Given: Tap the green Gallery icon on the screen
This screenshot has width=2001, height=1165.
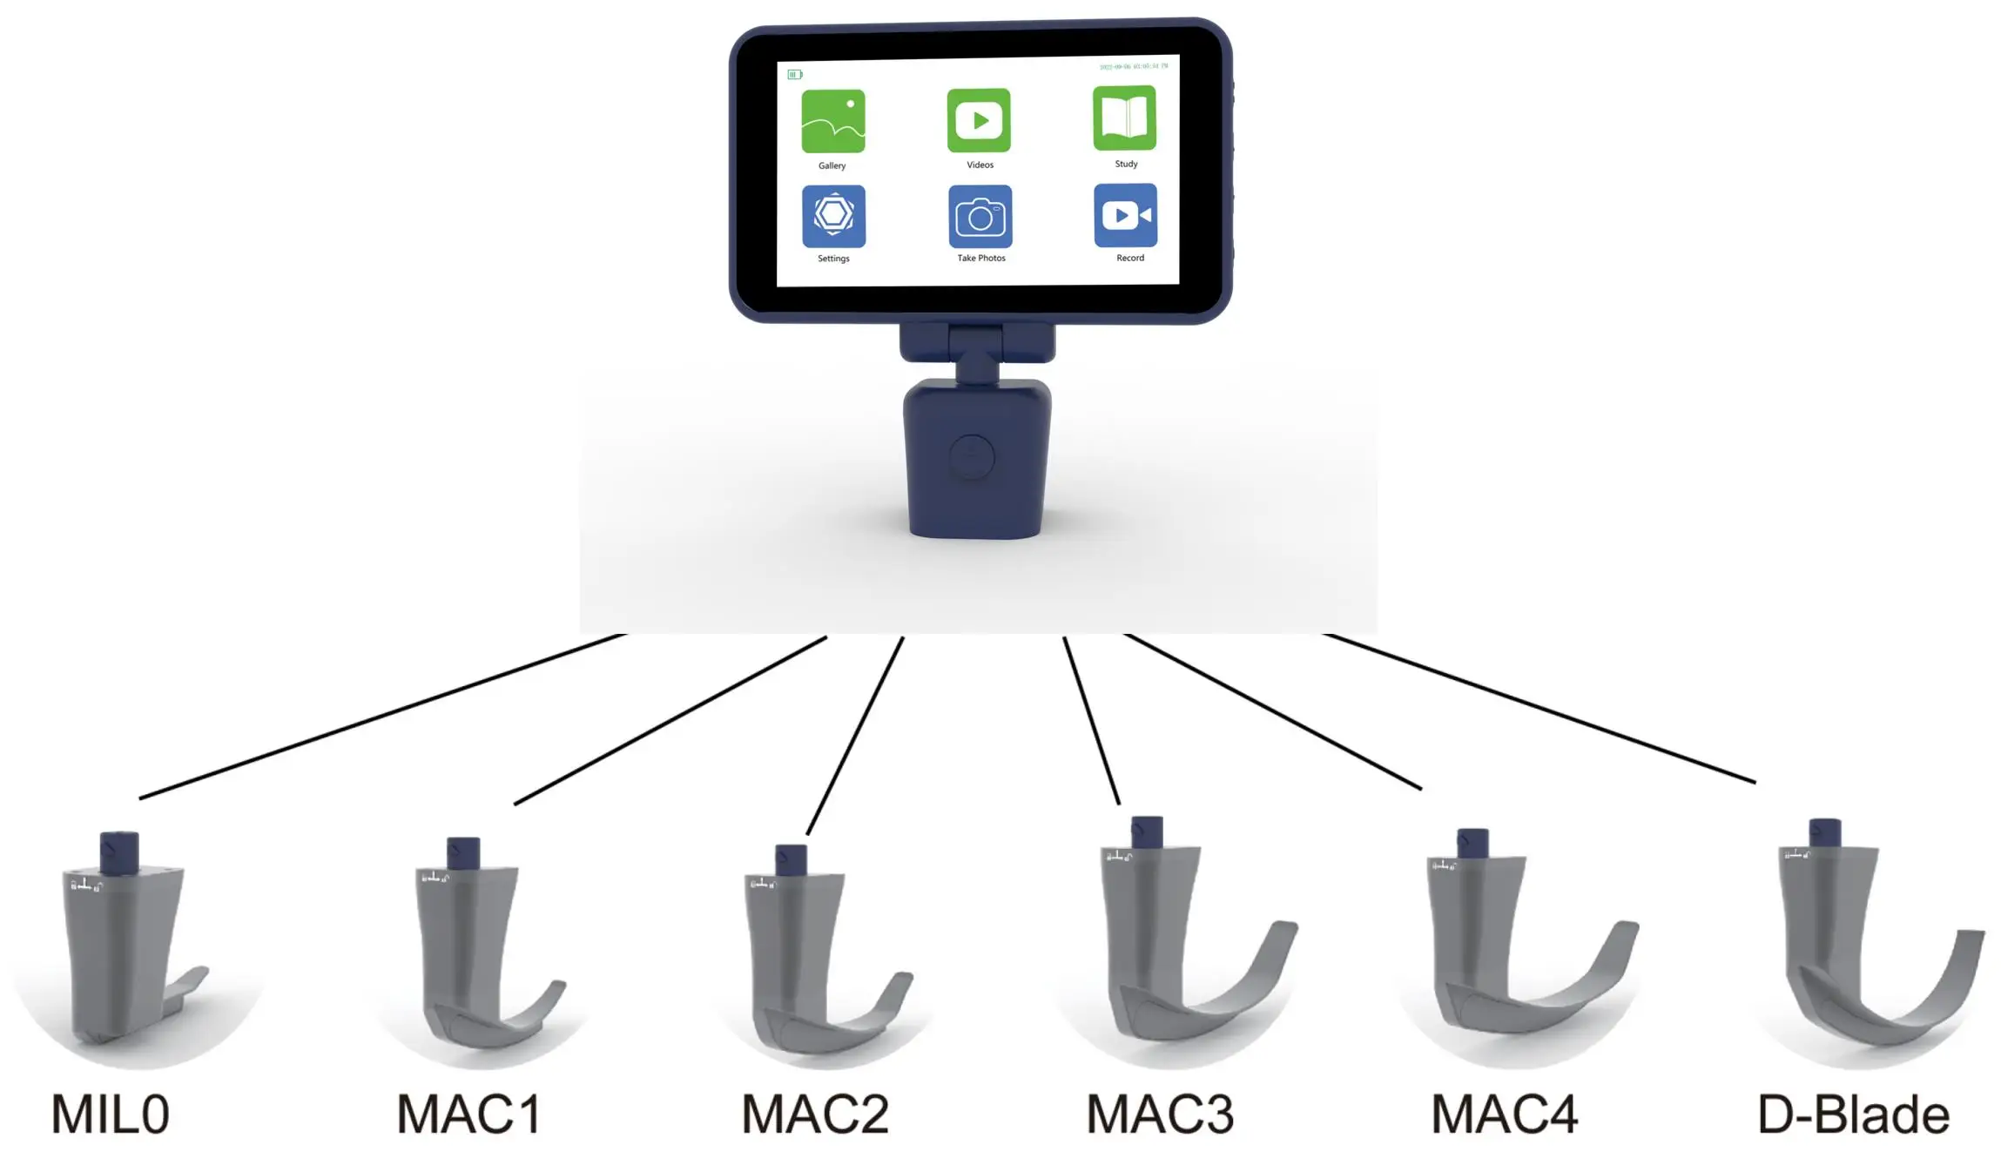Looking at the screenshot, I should coord(832,121).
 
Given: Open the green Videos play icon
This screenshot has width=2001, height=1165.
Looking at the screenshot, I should coord(979,120).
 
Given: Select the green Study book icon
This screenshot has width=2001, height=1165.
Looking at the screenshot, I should coord(1124,118).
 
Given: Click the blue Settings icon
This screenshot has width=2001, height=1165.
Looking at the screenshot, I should coord(833,216).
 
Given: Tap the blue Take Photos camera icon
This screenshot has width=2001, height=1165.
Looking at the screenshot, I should coord(980,217).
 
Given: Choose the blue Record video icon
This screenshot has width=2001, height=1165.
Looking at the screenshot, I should coord(1125,215).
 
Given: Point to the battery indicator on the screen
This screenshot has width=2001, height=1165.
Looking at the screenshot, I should coord(794,75).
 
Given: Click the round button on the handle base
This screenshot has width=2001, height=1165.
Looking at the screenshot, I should coord(972,456).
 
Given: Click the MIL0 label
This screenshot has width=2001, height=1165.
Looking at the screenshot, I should coord(111,1114).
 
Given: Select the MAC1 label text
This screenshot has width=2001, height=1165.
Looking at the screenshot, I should coord(468,1114).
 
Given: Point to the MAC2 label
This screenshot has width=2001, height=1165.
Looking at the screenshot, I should coord(815,1114).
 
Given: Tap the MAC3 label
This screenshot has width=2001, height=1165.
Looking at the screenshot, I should coord(1160,1114).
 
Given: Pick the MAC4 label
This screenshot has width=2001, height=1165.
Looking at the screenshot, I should coord(1505,1114).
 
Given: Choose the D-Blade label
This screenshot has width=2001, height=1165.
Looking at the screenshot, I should coord(1853,1115).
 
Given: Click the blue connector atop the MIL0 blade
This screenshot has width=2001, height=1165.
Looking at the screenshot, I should coord(119,852).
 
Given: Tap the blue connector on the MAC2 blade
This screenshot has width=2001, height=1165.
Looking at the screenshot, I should coord(791,859).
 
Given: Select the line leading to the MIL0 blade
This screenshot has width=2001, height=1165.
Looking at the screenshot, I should coord(383,716).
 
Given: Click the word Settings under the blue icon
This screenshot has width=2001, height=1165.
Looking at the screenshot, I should coord(833,259).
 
